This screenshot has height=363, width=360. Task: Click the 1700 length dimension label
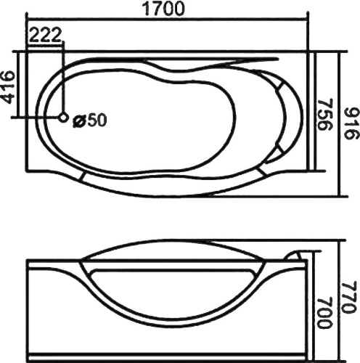pos(164,9)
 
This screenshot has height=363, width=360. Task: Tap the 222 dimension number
pos(45,35)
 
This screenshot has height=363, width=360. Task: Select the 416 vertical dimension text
pos(9,87)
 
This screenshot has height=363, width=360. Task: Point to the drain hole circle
pos(63,118)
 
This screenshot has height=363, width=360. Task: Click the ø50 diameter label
pos(90,120)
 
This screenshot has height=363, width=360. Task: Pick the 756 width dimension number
pos(325,115)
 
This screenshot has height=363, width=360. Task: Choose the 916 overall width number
pos(350,124)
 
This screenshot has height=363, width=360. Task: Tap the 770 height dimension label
pos(350,297)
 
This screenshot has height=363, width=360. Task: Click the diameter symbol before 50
pos(78,121)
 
